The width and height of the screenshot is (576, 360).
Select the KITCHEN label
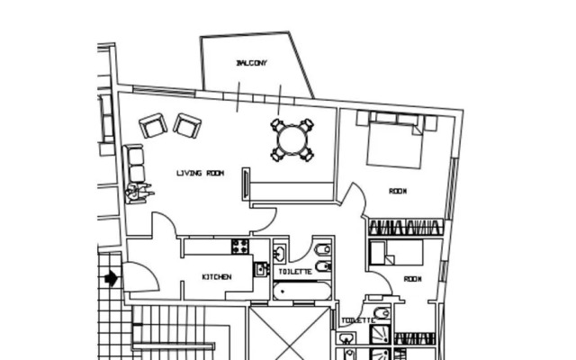(x=216, y=277)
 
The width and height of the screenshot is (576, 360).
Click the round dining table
(x=292, y=140)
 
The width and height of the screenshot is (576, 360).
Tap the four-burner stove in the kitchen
(x=240, y=246)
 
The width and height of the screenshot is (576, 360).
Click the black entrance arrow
(x=110, y=277)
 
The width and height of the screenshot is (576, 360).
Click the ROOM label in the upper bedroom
(x=398, y=191)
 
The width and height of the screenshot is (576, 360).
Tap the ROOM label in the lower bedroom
(x=412, y=279)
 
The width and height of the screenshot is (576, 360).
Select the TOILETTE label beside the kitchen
(x=295, y=271)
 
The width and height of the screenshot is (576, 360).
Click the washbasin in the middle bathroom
(x=280, y=253)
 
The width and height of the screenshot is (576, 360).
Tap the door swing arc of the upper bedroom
(x=356, y=196)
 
